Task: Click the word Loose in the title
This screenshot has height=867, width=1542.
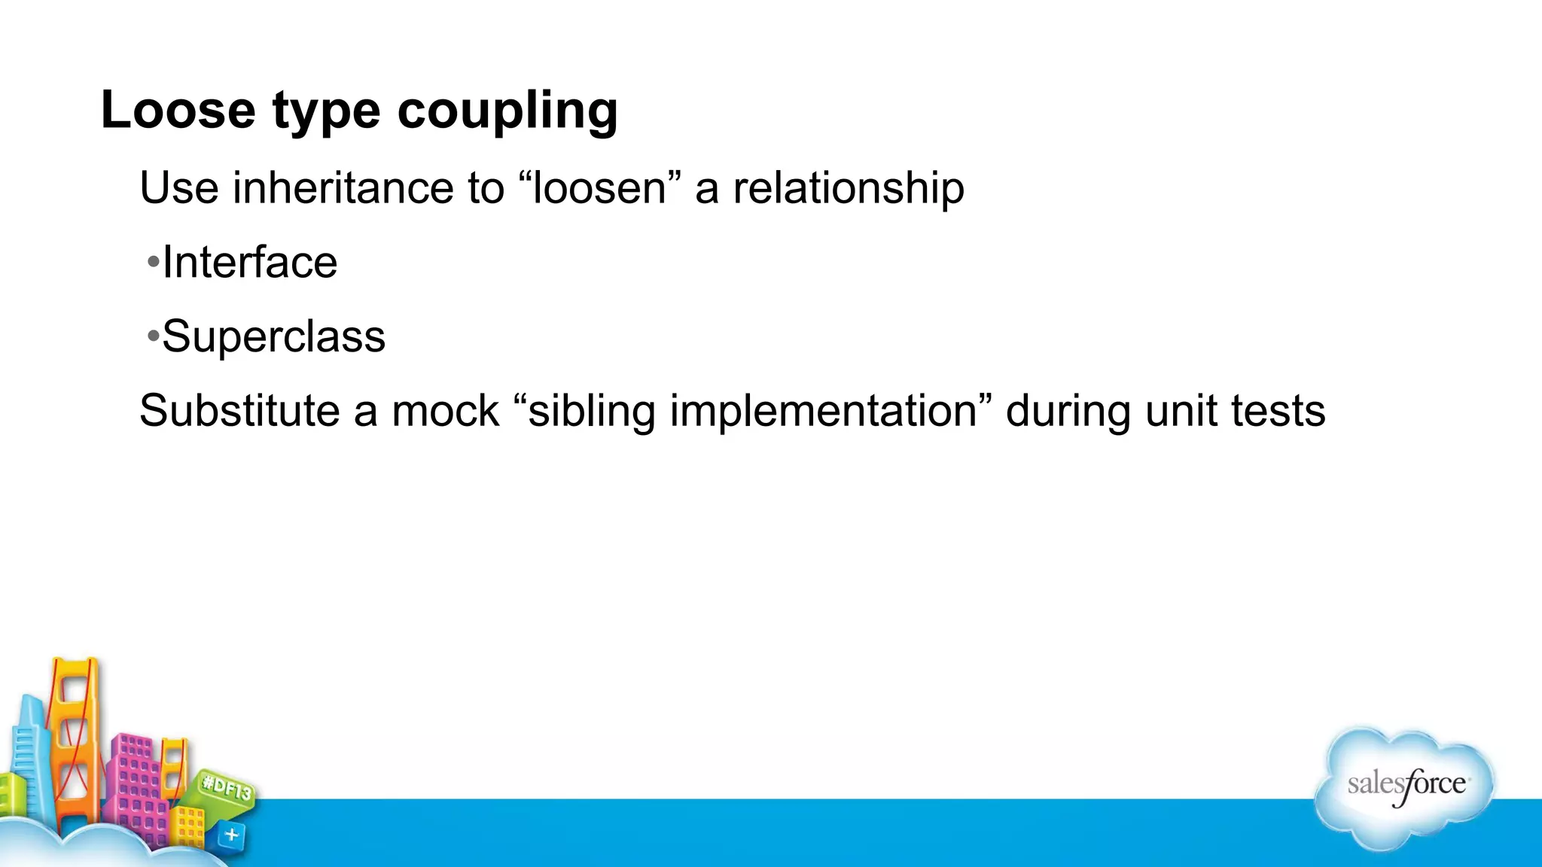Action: [x=178, y=111]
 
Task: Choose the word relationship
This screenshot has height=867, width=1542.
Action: [x=848, y=187]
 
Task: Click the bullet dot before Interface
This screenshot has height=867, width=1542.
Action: [x=153, y=263]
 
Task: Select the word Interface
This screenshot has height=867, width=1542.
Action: [x=250, y=263]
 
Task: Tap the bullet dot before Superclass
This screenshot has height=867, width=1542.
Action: [x=153, y=336]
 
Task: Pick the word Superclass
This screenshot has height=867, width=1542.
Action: [x=273, y=336]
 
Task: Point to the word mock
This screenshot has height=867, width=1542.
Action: [x=445, y=411]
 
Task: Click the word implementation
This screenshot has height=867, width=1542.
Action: [x=824, y=411]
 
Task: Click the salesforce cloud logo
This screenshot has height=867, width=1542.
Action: [x=1405, y=786]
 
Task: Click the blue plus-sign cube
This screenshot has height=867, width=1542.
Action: [x=231, y=835]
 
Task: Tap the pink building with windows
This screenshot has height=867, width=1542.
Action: [x=136, y=783]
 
